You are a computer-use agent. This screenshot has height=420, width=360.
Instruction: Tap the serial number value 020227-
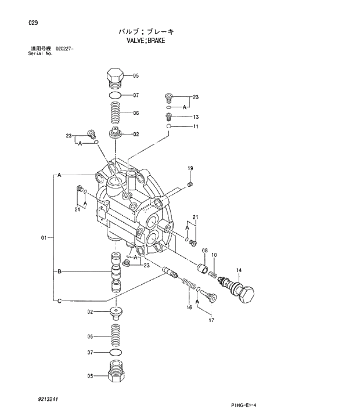tap(66, 49)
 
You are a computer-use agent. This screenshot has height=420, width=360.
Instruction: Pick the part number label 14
tap(239, 270)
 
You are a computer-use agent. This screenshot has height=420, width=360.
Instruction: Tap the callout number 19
tap(190, 168)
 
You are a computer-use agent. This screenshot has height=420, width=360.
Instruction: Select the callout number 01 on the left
tap(44, 237)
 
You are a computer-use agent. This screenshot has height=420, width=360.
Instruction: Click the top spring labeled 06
tap(116, 112)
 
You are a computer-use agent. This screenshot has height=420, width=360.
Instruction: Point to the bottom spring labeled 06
tap(115, 336)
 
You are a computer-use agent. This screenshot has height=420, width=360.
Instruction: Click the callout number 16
tap(189, 307)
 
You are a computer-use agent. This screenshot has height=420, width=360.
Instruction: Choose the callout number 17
tap(211, 320)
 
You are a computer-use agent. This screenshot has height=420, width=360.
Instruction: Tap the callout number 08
tap(205, 251)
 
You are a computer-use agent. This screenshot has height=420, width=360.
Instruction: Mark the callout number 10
tap(214, 255)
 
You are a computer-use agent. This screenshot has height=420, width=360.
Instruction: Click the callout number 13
tap(196, 117)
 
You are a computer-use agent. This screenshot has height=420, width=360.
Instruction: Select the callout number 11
tap(196, 126)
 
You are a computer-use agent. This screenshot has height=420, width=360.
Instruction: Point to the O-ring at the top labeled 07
tap(116, 95)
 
